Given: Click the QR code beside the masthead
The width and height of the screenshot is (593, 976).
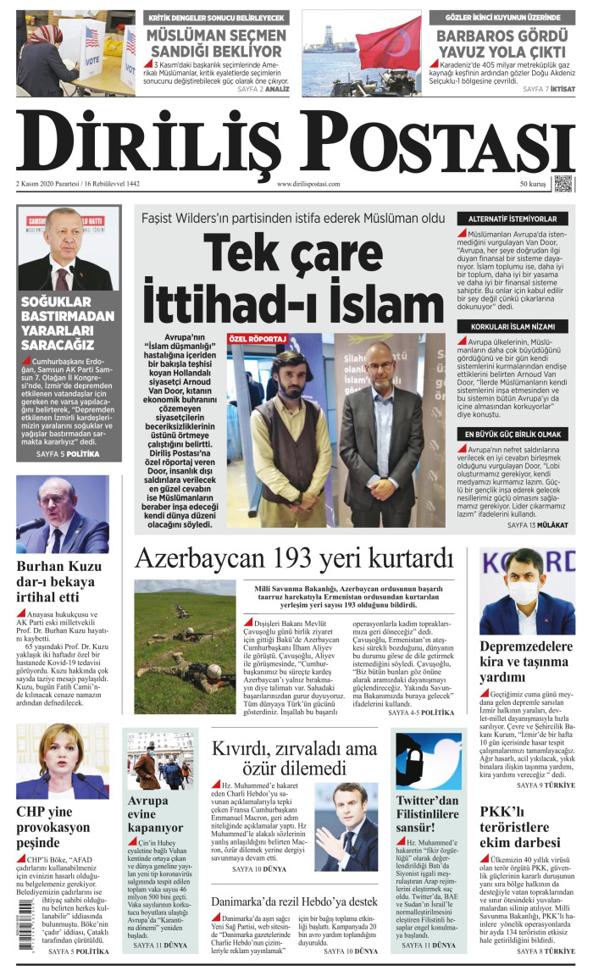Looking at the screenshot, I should click(563, 184).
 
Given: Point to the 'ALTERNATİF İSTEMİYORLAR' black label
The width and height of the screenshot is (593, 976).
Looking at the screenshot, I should click(514, 219).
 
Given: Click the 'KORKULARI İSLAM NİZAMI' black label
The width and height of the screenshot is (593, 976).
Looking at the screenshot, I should click(514, 326).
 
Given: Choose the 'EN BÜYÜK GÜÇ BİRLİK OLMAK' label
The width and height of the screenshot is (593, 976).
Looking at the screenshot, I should click(514, 434).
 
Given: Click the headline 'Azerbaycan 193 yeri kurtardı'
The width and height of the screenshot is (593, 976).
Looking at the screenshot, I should click(295, 559).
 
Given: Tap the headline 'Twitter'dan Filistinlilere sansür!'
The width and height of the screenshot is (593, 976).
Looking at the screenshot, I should click(427, 813).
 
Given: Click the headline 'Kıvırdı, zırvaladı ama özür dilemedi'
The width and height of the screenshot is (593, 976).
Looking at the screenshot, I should click(294, 759).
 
